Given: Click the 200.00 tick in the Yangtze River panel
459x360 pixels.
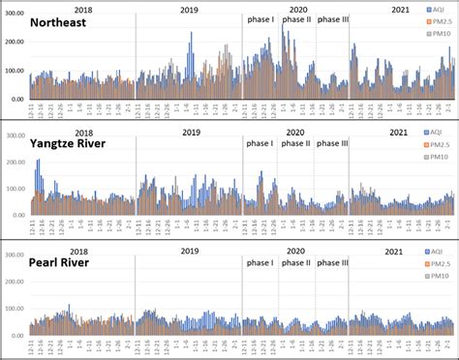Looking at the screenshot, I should click(x=15, y=161).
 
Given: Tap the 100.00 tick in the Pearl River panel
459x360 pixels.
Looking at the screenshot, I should click(x=15, y=309).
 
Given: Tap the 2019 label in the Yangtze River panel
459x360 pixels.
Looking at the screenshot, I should click(x=190, y=132).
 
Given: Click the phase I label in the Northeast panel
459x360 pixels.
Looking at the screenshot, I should click(x=260, y=20).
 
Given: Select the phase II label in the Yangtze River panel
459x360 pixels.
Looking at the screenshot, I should click(x=295, y=143).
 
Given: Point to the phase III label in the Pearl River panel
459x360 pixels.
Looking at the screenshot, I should click(x=333, y=262).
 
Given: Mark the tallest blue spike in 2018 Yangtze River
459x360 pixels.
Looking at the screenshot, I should click(x=38, y=163).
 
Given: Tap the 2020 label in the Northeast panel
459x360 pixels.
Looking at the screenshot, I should click(x=297, y=9).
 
